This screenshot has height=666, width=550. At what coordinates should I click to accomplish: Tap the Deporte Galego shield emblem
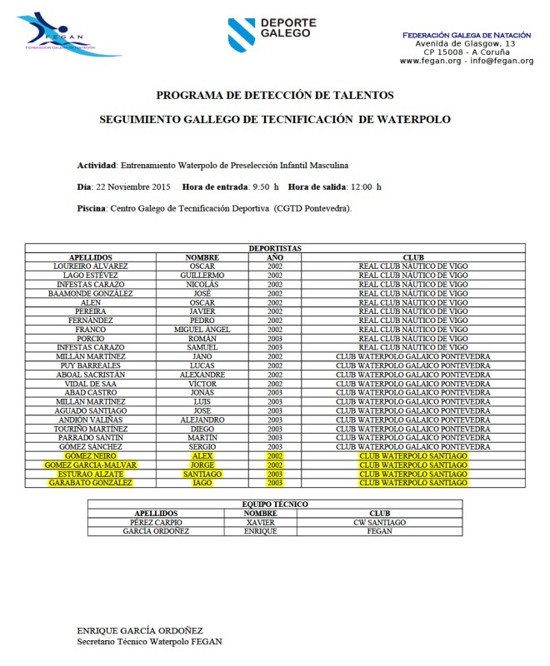[242, 34]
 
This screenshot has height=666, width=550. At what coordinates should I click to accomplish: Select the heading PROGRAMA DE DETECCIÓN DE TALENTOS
[274, 95]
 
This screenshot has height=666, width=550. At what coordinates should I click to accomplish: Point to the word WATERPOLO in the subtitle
[414, 119]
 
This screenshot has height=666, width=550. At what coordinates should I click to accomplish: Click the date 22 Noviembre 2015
[133, 186]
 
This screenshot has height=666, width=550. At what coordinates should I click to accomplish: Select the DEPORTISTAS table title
[274, 248]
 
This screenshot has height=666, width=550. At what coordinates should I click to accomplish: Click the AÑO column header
[275, 257]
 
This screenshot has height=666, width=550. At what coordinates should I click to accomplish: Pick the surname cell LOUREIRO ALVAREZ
[91, 266]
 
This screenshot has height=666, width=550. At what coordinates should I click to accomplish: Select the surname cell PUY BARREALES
[91, 365]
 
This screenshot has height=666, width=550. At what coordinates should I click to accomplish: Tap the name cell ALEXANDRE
[202, 375]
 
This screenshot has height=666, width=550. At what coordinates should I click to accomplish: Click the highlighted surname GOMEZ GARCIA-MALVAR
[91, 465]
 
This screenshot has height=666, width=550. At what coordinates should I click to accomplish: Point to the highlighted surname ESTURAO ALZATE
[91, 474]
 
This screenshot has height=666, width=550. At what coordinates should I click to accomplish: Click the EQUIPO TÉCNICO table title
[274, 504]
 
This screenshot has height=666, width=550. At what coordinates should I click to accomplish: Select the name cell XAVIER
[261, 522]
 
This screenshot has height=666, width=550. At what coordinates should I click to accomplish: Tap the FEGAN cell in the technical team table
[379, 531]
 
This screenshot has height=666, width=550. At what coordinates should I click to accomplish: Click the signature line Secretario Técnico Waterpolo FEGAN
[149, 642]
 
